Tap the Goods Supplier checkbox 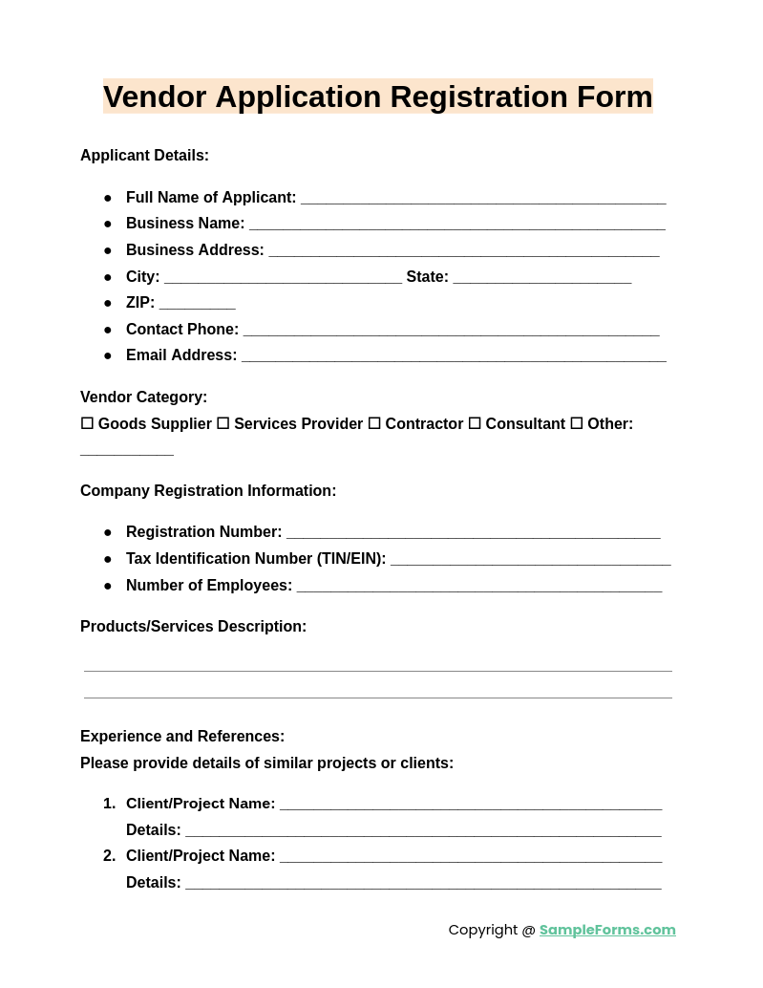click(x=87, y=423)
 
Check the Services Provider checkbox click(x=223, y=423)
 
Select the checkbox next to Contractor click(x=374, y=423)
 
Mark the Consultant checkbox click(x=475, y=423)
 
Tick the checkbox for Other click(x=577, y=423)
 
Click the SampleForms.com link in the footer click(x=607, y=930)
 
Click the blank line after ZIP click(x=197, y=305)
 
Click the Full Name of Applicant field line click(x=483, y=200)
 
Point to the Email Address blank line click(x=454, y=357)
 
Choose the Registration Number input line click(x=473, y=534)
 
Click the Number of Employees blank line click(x=478, y=588)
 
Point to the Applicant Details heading click(x=144, y=156)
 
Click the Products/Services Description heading click(x=193, y=627)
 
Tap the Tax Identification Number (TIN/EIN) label click(x=256, y=559)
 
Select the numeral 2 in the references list click(x=108, y=856)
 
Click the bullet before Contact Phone click(x=108, y=330)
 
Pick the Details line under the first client click(x=423, y=832)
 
